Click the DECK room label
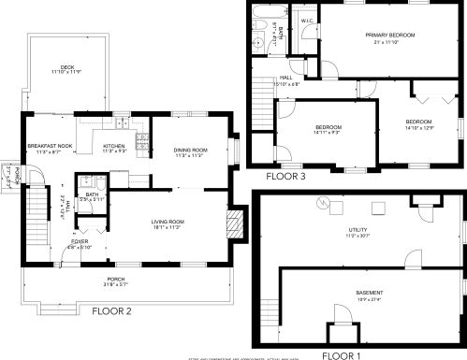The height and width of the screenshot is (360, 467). [x=66, y=66]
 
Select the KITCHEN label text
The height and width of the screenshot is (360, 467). [x=114, y=147]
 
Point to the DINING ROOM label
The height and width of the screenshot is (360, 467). [x=190, y=150]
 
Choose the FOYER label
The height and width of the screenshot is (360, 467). [x=78, y=241]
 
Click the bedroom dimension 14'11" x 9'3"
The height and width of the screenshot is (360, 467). [x=327, y=133]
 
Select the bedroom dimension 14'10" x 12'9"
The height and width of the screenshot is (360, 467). [x=418, y=128]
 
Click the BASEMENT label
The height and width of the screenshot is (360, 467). [x=369, y=293]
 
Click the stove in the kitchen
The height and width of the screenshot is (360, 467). [x=141, y=143]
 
